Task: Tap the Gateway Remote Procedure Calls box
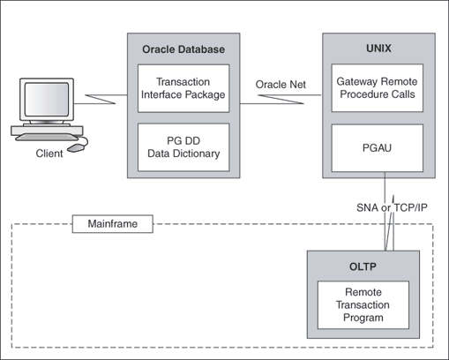[x=378, y=86]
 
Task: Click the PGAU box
[x=378, y=146]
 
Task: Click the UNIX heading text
[x=378, y=49]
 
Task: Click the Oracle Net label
[x=281, y=84]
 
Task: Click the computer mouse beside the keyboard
[x=79, y=146]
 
